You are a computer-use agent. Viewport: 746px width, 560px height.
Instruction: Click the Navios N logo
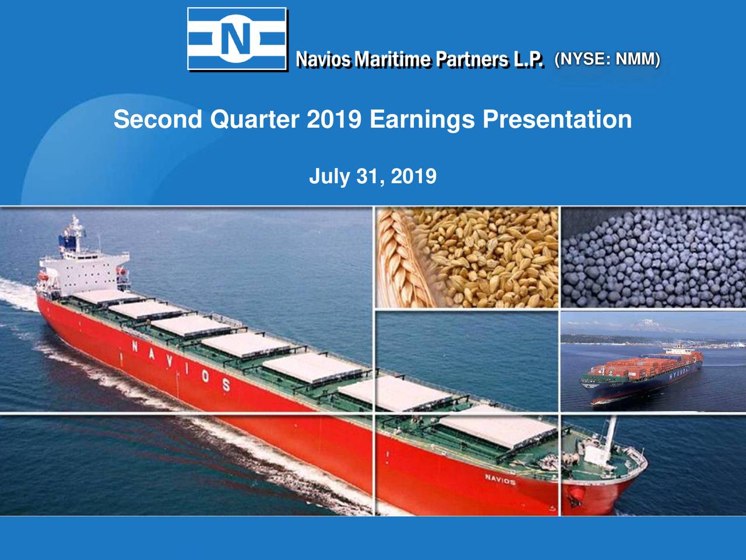(x=237, y=39)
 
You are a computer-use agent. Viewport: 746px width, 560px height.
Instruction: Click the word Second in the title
(x=157, y=120)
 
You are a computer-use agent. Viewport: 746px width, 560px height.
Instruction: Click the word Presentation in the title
(x=557, y=120)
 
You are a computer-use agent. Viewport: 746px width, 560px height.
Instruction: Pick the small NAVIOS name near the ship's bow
(x=499, y=480)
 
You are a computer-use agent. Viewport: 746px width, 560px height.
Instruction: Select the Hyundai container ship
(x=641, y=373)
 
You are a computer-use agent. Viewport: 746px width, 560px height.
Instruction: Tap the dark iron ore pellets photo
(x=653, y=257)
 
